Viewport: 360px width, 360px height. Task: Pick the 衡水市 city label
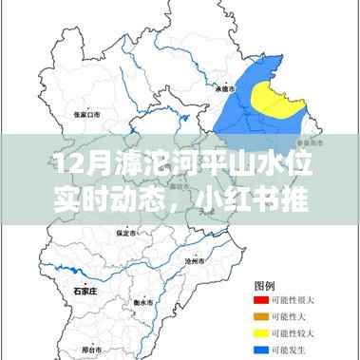145,302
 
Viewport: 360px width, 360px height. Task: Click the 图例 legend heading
266,284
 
